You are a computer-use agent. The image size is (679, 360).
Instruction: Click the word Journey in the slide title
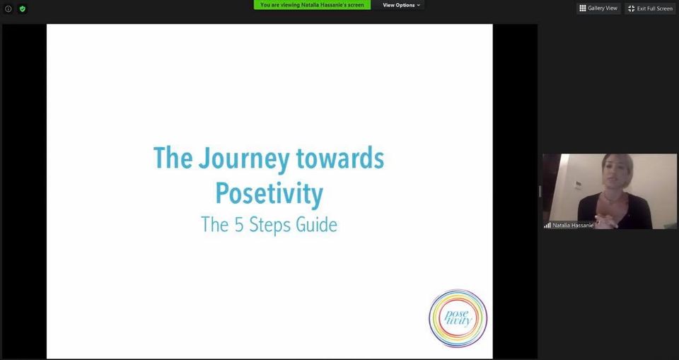(244, 159)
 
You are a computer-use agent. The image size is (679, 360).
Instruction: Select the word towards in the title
(340, 158)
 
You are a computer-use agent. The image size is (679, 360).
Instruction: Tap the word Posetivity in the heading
(269, 193)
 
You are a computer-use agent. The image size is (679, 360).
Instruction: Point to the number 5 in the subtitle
(239, 225)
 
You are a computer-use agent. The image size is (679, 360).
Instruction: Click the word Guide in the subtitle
(317, 225)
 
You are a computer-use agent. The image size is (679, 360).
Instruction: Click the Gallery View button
(598, 8)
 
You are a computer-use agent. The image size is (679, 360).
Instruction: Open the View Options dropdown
(402, 5)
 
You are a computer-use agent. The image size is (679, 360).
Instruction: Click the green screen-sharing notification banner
(312, 5)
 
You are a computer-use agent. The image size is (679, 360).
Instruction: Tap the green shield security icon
(23, 8)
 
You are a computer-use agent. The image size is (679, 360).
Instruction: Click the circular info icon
(8, 8)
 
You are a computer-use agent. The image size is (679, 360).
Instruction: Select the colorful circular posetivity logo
(458, 318)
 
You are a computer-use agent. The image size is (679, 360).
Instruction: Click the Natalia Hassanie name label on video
(572, 226)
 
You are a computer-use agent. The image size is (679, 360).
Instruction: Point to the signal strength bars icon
(547, 226)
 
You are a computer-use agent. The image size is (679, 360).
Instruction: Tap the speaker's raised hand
(606, 221)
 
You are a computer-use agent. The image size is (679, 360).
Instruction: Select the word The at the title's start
(173, 158)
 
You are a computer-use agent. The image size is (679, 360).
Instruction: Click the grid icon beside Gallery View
(582, 8)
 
